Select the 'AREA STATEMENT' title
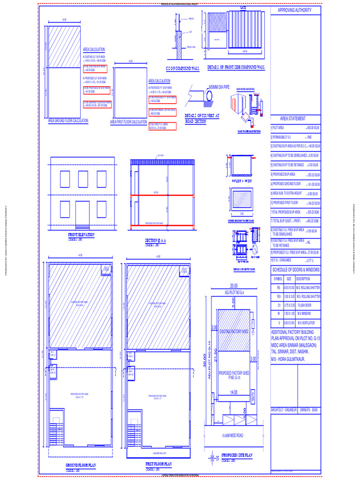pos(292,119)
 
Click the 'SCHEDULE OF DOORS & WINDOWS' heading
pos(296,270)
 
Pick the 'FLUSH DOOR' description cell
pos(307,305)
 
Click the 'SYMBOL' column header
pos(277,279)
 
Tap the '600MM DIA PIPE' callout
pos(219,87)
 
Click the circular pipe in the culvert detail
pos(207,96)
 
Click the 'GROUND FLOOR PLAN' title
pos(81,465)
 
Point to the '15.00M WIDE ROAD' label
pos(233,436)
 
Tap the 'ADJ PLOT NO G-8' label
pos(233,291)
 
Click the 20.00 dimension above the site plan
pos(233,286)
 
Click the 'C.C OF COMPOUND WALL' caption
pos(183,68)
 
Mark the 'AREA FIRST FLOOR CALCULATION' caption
pos(128,122)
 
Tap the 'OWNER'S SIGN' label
pos(309,410)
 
